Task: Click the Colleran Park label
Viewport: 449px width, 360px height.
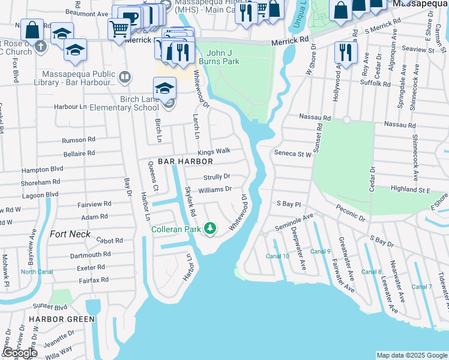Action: click(176, 229)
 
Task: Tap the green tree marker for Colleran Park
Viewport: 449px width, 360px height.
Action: click(210, 228)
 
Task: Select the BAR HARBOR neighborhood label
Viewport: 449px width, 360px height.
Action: click(185, 162)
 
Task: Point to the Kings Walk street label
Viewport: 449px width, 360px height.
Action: click(214, 152)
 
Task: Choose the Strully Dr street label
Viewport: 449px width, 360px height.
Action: click(217, 177)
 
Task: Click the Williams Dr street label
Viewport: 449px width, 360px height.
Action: click(215, 190)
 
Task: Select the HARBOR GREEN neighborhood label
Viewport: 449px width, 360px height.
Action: click(62, 319)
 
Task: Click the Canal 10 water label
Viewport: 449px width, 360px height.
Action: click(277, 256)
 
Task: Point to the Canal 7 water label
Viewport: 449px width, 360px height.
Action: click(421, 287)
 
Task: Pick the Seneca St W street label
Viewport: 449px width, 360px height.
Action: click(293, 154)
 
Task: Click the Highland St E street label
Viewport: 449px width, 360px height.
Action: click(410, 190)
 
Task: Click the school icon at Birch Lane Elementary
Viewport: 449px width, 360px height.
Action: click(164, 88)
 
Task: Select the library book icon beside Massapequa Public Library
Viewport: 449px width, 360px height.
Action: click(124, 76)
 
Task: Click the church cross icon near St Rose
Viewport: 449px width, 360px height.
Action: click(40, 47)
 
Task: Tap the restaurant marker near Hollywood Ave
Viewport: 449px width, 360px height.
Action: click(345, 51)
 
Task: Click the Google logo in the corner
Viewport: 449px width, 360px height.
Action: click(19, 353)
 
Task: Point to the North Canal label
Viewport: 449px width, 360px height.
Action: click(37, 272)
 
